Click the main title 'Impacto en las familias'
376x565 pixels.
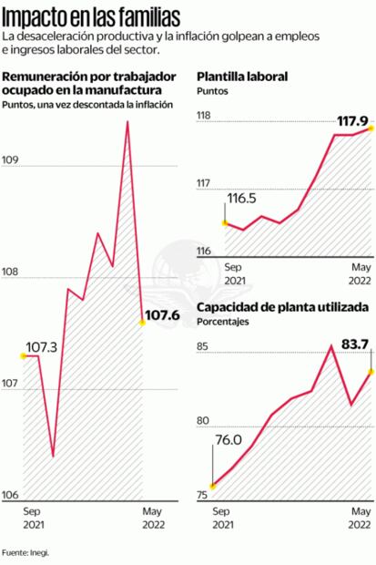[90, 15]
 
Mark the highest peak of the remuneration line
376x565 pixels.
[127, 121]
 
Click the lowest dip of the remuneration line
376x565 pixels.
[53, 456]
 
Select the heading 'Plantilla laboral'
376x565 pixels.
[243, 77]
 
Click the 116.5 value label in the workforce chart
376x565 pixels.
[241, 198]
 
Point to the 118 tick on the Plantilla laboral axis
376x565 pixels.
[204, 116]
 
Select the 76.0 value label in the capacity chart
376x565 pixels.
[228, 440]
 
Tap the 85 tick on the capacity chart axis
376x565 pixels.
[202, 346]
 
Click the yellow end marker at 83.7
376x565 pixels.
[371, 371]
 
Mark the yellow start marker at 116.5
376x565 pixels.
[225, 221]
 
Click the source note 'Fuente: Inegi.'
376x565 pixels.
[25, 551]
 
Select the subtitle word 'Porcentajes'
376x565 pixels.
[223, 322]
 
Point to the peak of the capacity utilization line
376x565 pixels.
[332, 346]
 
